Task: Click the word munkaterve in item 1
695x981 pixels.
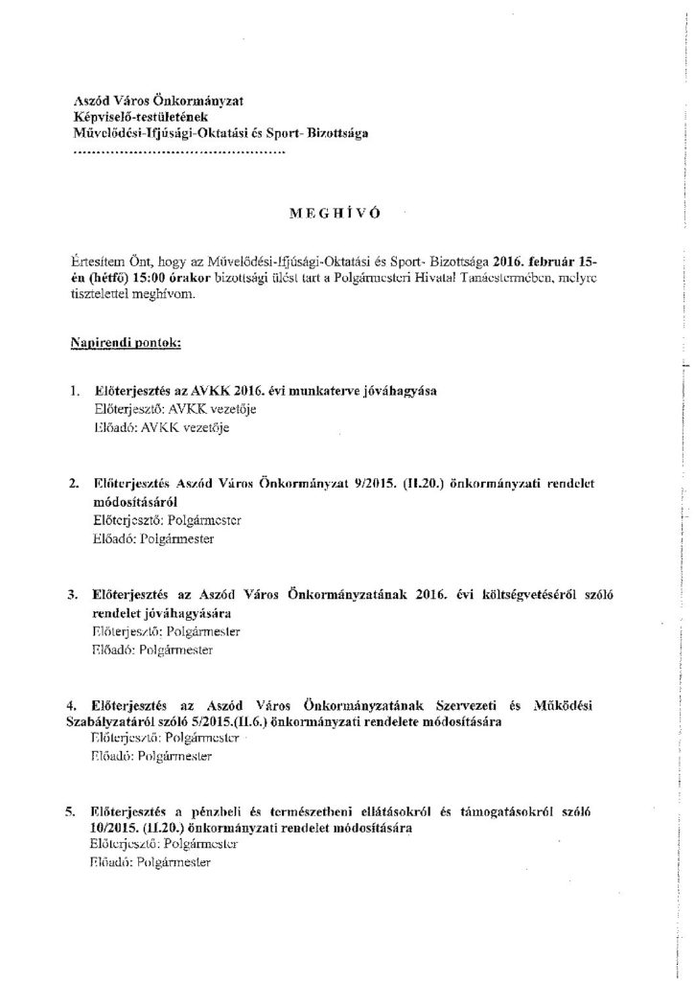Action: tap(278, 394)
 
